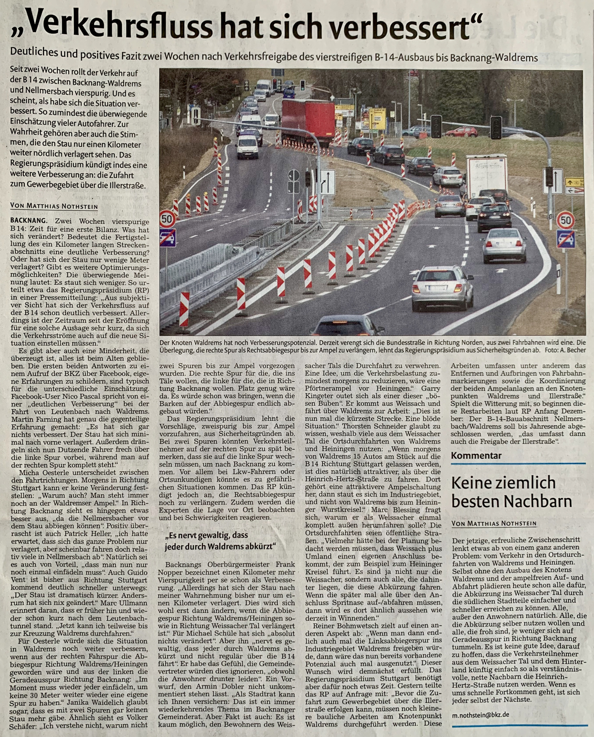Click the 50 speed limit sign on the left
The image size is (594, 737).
click(167, 218)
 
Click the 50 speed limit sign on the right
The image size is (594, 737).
click(565, 219)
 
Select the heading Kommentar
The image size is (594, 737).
click(476, 456)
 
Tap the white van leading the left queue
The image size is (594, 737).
click(247, 147)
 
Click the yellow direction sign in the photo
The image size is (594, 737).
click(377, 118)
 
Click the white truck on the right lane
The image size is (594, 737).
click(486, 176)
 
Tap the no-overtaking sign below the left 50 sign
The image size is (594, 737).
click(167, 237)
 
